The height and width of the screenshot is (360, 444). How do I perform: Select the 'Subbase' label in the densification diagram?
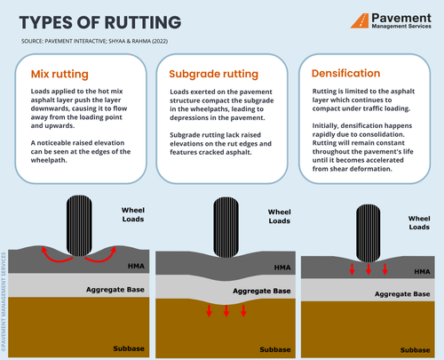415,345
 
